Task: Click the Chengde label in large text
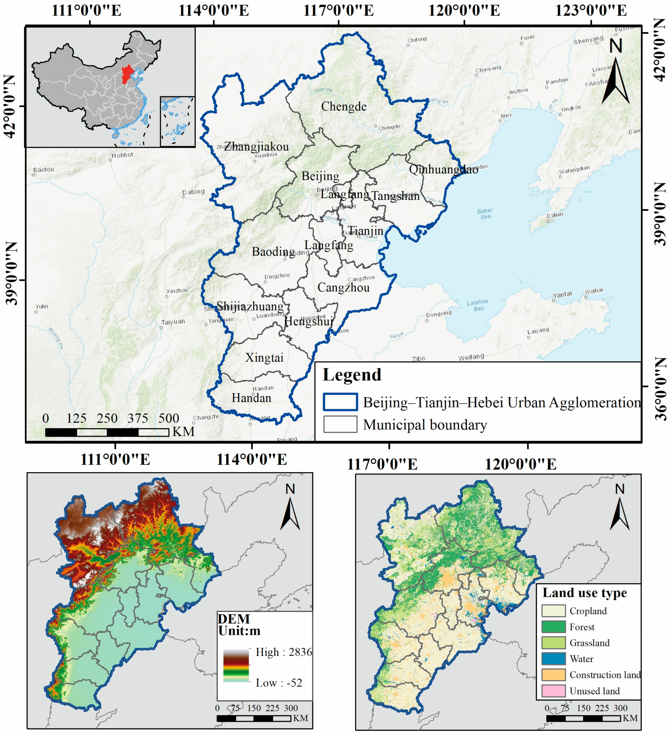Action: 344,107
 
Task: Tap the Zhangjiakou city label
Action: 256,147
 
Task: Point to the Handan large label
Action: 251,398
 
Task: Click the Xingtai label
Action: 264,358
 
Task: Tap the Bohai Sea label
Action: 485,214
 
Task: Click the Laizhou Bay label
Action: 478,305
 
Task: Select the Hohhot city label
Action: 122,155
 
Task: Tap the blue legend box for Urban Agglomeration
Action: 340,402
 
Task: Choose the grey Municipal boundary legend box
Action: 340,424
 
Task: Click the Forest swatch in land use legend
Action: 553,627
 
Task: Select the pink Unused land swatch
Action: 553,691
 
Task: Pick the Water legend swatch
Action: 553,659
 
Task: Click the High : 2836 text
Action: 283,652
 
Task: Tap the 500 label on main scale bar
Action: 168,418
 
